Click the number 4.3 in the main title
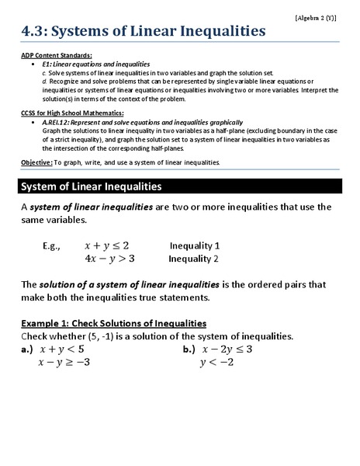36,31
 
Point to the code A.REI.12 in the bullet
59,123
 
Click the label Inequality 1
195,245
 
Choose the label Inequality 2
194,259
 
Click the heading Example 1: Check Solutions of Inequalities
114,322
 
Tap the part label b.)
189,349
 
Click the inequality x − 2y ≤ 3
227,349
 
